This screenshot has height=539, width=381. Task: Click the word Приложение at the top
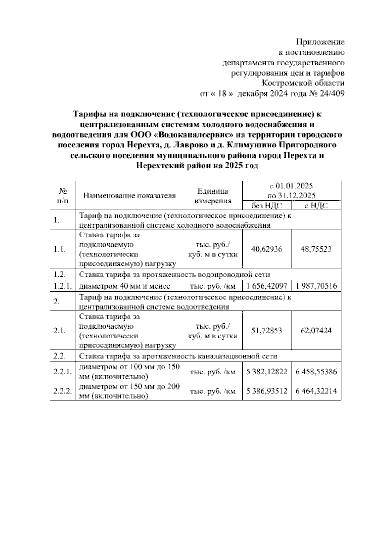click(320, 42)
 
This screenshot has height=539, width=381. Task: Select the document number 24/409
click(332, 94)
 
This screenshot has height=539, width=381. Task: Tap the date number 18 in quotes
click(222, 94)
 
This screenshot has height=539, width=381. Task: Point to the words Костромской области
click(303, 83)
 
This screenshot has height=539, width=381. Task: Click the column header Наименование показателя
click(130, 196)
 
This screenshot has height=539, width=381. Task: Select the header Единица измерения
click(213, 196)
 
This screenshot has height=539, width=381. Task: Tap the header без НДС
click(267, 206)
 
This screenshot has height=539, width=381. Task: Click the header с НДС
click(316, 206)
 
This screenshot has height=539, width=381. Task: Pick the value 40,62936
click(267, 249)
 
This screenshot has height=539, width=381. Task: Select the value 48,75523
click(316, 249)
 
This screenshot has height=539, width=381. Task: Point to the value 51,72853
click(267, 331)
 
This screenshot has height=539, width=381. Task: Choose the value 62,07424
click(316, 331)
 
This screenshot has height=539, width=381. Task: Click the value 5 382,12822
click(267, 372)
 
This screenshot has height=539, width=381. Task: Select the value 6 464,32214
click(316, 391)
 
